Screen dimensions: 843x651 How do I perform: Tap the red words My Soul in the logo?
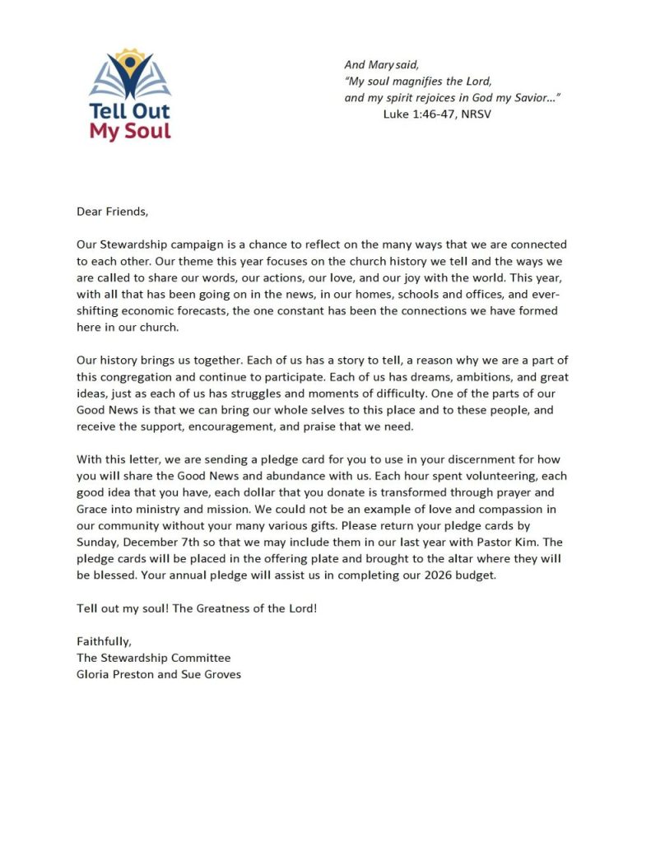(x=130, y=130)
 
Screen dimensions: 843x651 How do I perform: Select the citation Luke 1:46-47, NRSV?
(x=438, y=113)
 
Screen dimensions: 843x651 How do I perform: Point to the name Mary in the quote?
(x=383, y=63)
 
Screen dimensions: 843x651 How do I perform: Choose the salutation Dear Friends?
(x=113, y=211)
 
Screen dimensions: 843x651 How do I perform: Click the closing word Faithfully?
(x=104, y=641)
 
